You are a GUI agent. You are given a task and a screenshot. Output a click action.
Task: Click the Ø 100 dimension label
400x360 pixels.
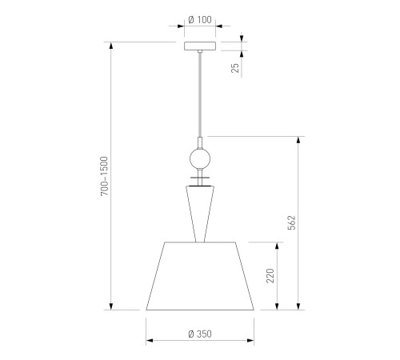(x=200, y=20)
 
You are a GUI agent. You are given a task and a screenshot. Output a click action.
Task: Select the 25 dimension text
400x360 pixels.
(x=235, y=68)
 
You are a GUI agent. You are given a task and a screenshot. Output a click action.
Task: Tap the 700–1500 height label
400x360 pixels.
(x=104, y=176)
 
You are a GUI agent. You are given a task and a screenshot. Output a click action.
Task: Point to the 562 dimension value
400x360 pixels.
(x=292, y=222)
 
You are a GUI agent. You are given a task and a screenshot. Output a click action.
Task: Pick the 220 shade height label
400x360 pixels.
(x=270, y=276)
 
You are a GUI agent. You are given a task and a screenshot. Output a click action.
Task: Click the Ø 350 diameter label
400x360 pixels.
(x=200, y=334)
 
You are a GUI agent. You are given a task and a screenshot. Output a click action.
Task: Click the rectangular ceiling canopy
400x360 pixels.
(x=200, y=46)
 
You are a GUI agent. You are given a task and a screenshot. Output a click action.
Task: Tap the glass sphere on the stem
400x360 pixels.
(x=200, y=159)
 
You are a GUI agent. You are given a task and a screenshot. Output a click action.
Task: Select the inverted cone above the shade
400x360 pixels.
(x=200, y=214)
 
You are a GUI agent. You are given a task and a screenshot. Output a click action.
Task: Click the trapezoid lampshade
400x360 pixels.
(x=200, y=276)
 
